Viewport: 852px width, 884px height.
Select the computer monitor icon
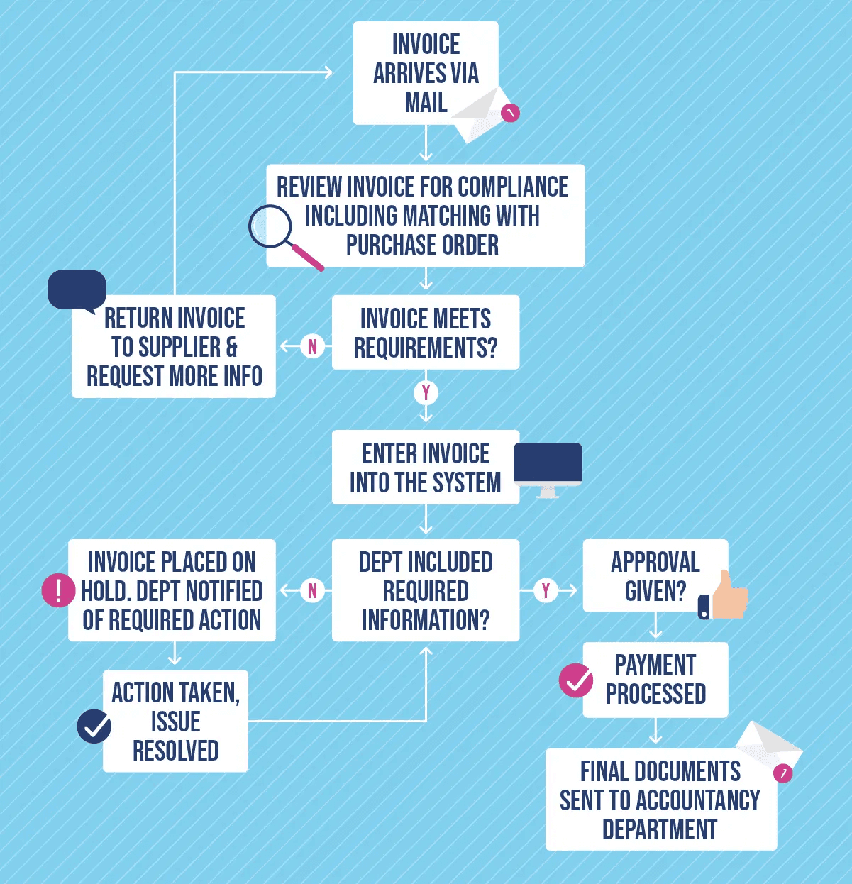tap(547, 466)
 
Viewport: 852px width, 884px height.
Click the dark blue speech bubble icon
tap(77, 290)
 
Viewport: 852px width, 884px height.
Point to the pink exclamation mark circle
tap(58, 590)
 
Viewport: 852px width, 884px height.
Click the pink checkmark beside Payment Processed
tap(576, 681)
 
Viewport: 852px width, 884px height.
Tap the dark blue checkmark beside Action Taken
tap(94, 726)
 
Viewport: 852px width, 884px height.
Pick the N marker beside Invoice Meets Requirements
tap(312, 346)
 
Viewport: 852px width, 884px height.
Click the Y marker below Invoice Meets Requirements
tap(426, 392)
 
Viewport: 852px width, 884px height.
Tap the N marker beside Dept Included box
tap(312, 590)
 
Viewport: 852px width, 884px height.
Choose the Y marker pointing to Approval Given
tap(546, 590)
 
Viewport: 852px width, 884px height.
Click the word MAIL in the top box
tap(426, 103)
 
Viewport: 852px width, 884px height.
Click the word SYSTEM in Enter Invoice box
tap(464, 483)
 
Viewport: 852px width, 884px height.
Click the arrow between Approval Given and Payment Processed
tap(655, 626)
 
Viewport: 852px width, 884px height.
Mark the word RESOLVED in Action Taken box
tap(175, 751)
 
